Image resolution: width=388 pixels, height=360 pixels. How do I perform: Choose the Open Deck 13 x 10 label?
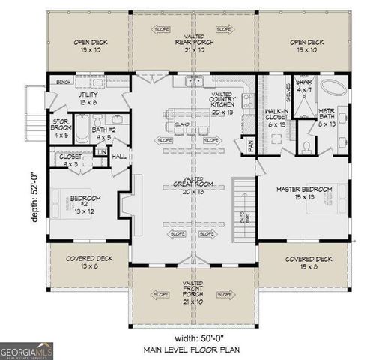[x=91, y=46]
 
